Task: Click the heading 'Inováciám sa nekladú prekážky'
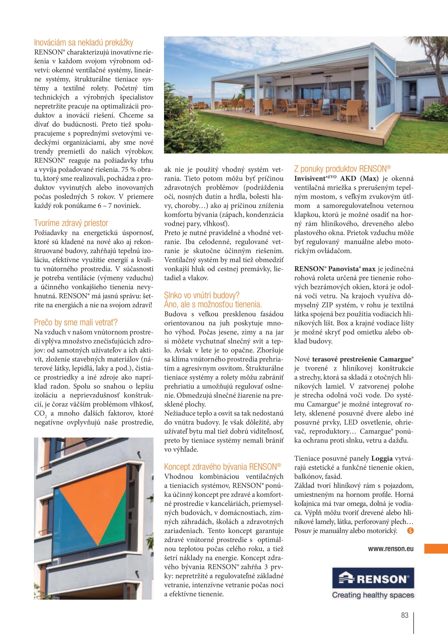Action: pyautogui.click(x=83, y=43)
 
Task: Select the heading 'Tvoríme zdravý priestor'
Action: pyautogui.click(x=71, y=223)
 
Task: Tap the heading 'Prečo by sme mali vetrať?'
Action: pyautogui.click(x=76, y=322)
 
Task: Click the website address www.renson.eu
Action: pyautogui.click(x=391, y=549)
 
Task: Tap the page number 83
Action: pyautogui.click(x=405, y=615)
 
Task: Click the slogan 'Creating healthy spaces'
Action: pyautogui.click(x=373, y=595)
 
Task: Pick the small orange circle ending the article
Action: pyautogui.click(x=410, y=531)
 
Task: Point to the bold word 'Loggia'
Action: pyautogui.click(x=382, y=458)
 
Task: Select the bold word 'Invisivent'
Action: pyautogui.click(x=310, y=178)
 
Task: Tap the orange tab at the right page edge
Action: pyautogui.click(x=436, y=549)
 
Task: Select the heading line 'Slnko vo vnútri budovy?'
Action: pyautogui.click(x=202, y=295)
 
